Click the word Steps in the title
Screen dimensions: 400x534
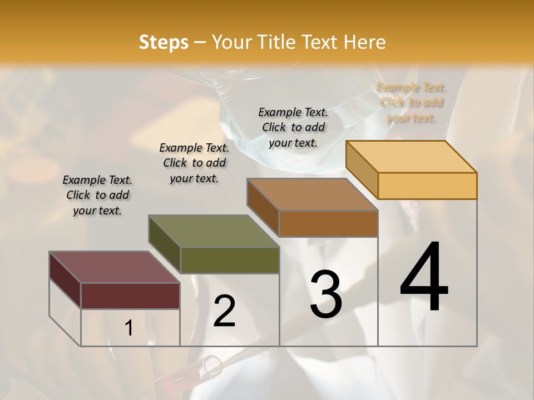pos(164,42)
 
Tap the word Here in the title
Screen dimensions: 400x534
pos(364,42)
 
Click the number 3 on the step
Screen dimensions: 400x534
pos(325,294)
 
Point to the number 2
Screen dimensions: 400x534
pos(224,311)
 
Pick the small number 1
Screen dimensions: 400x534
pos(128,328)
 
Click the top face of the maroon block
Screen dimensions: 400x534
pos(114,267)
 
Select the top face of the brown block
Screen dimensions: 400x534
pos(312,194)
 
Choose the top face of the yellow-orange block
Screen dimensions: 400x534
pos(411,157)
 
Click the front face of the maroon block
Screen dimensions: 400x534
pos(130,296)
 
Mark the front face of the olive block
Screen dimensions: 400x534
pos(229,260)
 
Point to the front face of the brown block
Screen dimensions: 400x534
pos(328,223)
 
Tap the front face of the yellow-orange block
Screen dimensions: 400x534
pos(427,186)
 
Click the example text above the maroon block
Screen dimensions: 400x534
pos(97,195)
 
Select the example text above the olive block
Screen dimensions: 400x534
pos(194,163)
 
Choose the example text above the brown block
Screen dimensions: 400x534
pos(293,127)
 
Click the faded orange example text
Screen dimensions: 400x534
pos(411,102)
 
